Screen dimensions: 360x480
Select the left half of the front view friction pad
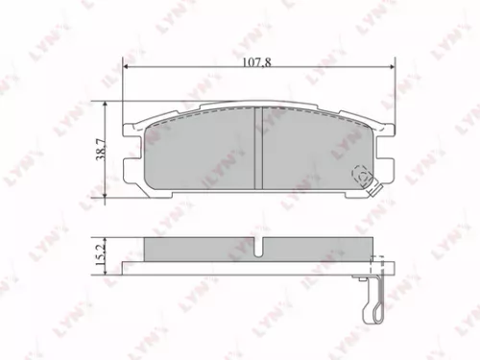(x=197, y=154)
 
